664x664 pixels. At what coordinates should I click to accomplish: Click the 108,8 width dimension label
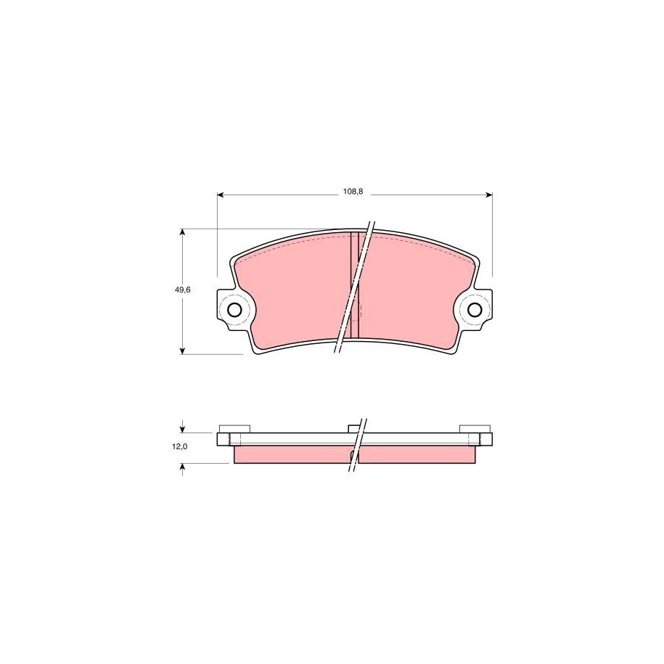coord(353,192)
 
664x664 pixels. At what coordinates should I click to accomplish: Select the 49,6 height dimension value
coord(183,290)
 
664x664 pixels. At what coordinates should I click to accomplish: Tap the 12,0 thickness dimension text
coord(179,446)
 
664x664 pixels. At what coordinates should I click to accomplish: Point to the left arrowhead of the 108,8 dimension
coord(221,194)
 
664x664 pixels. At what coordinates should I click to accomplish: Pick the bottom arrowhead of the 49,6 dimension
coord(183,350)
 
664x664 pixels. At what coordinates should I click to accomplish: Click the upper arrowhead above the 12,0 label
coord(183,429)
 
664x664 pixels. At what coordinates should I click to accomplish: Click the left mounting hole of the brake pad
coord(234,310)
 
